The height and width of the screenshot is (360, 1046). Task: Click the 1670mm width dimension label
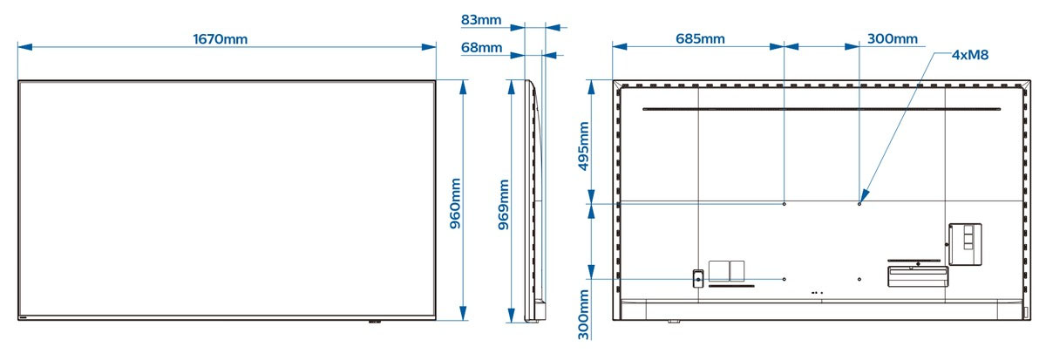pos(220,39)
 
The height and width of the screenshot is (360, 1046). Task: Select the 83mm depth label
pos(481,20)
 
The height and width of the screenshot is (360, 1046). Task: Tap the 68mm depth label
pos(481,48)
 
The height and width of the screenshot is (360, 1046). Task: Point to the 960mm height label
pos(455,203)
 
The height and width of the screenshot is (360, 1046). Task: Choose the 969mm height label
pos(504,205)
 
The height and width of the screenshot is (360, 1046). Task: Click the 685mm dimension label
pos(700,38)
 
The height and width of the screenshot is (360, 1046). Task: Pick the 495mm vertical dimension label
pos(584,146)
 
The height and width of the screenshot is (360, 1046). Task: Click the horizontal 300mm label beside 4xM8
pos(893,38)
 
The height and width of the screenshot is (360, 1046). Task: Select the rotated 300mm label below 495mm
pos(584,315)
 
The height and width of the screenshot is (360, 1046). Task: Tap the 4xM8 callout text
pos(970,55)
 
